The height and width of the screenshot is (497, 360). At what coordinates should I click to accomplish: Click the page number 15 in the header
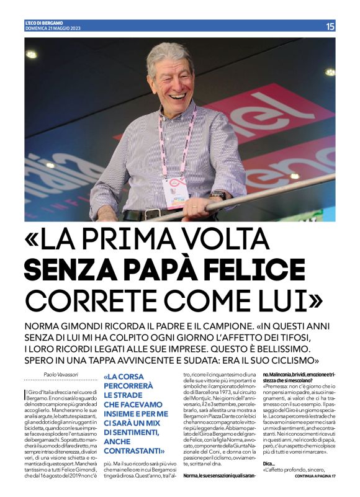[330, 26]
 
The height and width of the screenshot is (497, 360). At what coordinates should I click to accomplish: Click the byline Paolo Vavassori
[62, 374]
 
